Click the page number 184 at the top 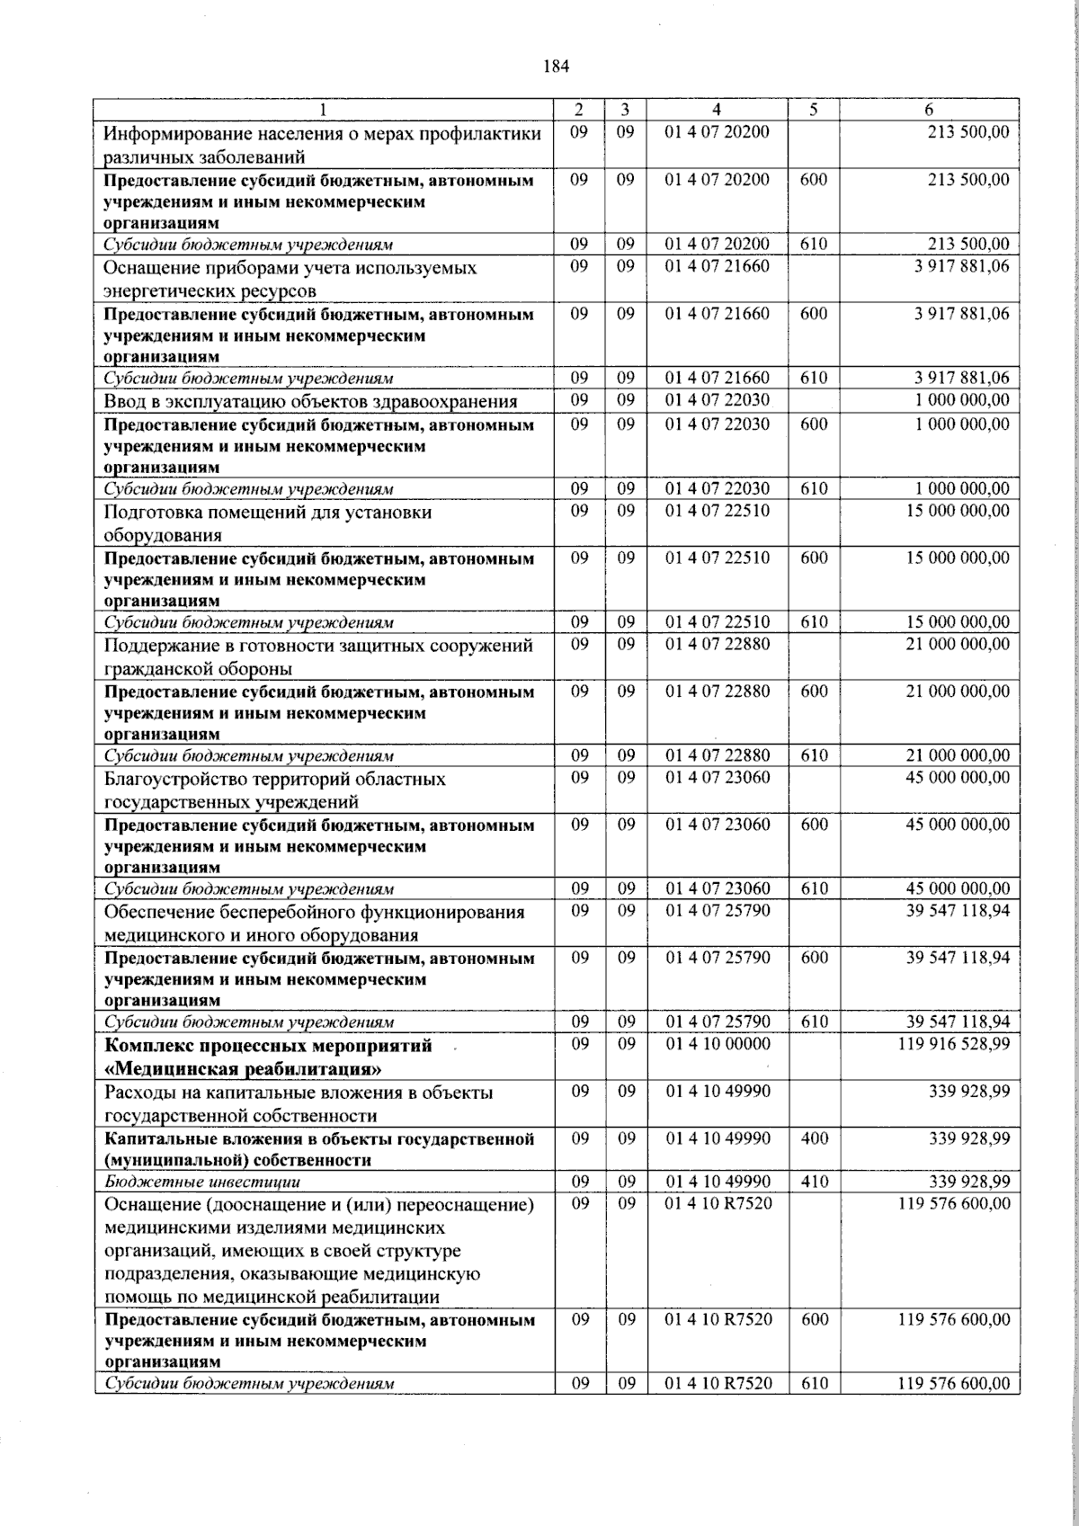click(x=557, y=66)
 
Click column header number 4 click(x=717, y=109)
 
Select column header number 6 click(x=929, y=109)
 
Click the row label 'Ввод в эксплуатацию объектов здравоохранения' click(x=310, y=401)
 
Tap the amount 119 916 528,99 click(x=953, y=1044)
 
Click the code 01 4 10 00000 click(x=717, y=1044)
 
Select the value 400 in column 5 click(x=814, y=1138)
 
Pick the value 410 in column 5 click(x=814, y=1182)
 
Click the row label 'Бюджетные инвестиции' click(x=202, y=1182)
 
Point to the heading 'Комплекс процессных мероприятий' click(x=268, y=1046)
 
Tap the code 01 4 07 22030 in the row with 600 click(x=717, y=424)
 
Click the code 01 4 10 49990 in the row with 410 click(x=717, y=1182)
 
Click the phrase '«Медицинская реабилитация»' click(x=243, y=1069)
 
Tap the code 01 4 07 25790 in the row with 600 click(x=717, y=958)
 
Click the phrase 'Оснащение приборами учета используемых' click(x=290, y=268)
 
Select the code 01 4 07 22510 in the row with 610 click(x=717, y=622)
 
